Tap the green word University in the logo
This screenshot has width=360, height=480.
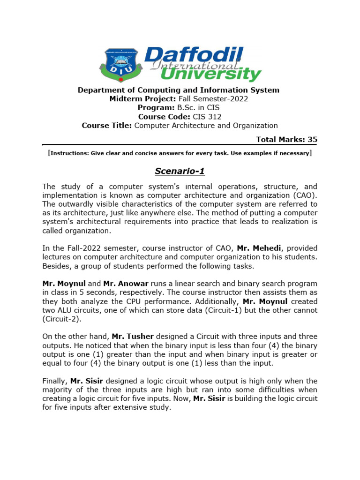click(210, 74)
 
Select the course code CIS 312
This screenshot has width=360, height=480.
click(206, 117)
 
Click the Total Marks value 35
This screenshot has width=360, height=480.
click(313, 139)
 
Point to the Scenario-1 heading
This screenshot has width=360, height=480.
click(180, 171)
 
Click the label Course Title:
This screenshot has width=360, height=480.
click(107, 126)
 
